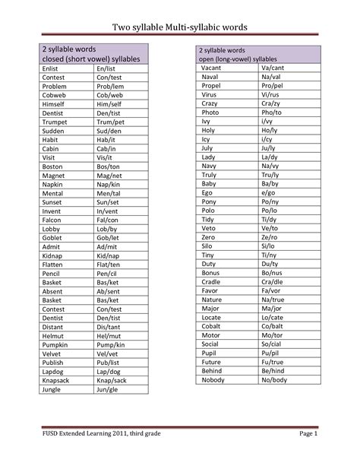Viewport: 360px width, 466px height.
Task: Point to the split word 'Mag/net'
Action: click(110, 176)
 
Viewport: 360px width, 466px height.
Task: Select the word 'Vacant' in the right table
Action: click(212, 68)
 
